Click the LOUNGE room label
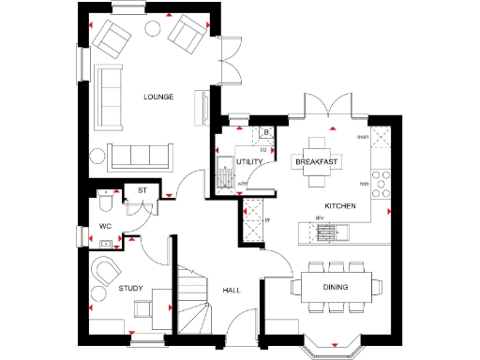pos(157,97)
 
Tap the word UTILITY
pos(248,162)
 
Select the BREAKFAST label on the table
pos(316,162)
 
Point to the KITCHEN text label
pos(338,205)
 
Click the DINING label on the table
pos(336,287)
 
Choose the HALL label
pos(232,291)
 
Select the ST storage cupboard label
pos(142,190)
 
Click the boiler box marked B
pos(266,132)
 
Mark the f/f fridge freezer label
pos(267,221)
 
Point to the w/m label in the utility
pos(242,184)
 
